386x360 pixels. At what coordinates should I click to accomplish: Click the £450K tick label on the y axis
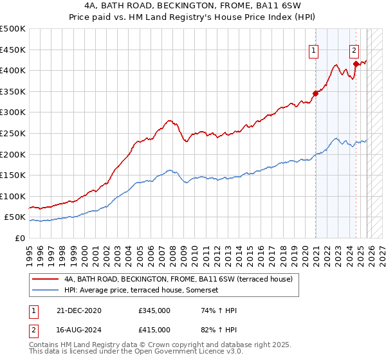13,50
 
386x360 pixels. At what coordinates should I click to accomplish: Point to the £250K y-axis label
13,133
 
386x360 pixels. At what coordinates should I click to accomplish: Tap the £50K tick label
15,217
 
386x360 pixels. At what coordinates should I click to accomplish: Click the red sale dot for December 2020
315,93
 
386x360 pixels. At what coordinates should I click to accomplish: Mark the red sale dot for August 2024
356,64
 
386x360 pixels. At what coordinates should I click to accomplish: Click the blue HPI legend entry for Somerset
142,290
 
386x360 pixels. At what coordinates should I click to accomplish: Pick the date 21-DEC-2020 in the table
79,310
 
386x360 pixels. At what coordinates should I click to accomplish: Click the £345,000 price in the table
154,310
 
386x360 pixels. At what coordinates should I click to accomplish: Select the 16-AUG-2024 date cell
79,329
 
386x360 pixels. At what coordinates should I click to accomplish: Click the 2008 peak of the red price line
169,120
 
